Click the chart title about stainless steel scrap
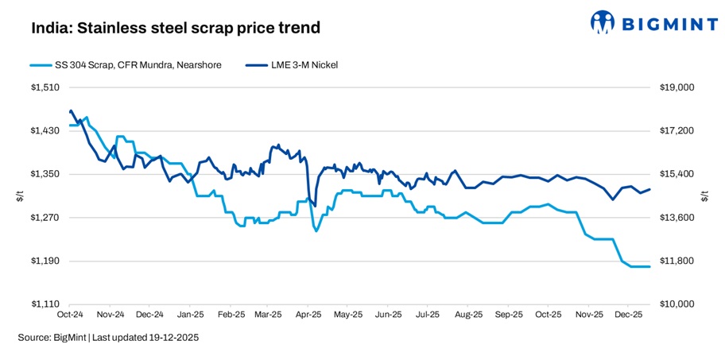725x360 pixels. tap(176, 29)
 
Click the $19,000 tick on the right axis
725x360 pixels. tap(677, 87)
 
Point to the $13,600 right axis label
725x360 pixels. tap(677, 218)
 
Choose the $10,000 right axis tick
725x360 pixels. tap(677, 304)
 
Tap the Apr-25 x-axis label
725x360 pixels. tap(308, 315)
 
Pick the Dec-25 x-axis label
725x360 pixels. tap(628, 315)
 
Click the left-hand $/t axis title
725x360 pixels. tap(21, 195)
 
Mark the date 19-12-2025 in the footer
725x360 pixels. tap(173, 338)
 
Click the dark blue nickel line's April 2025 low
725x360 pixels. tap(316, 206)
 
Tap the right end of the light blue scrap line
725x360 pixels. tap(650, 266)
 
